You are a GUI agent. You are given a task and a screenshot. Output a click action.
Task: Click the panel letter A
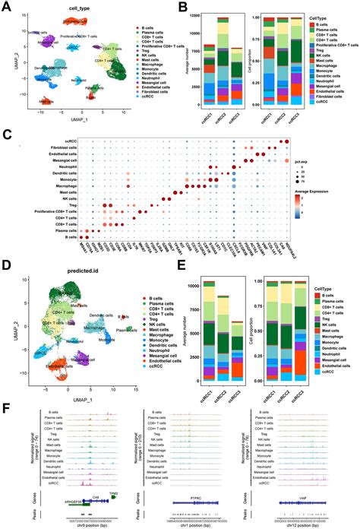[6, 7]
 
